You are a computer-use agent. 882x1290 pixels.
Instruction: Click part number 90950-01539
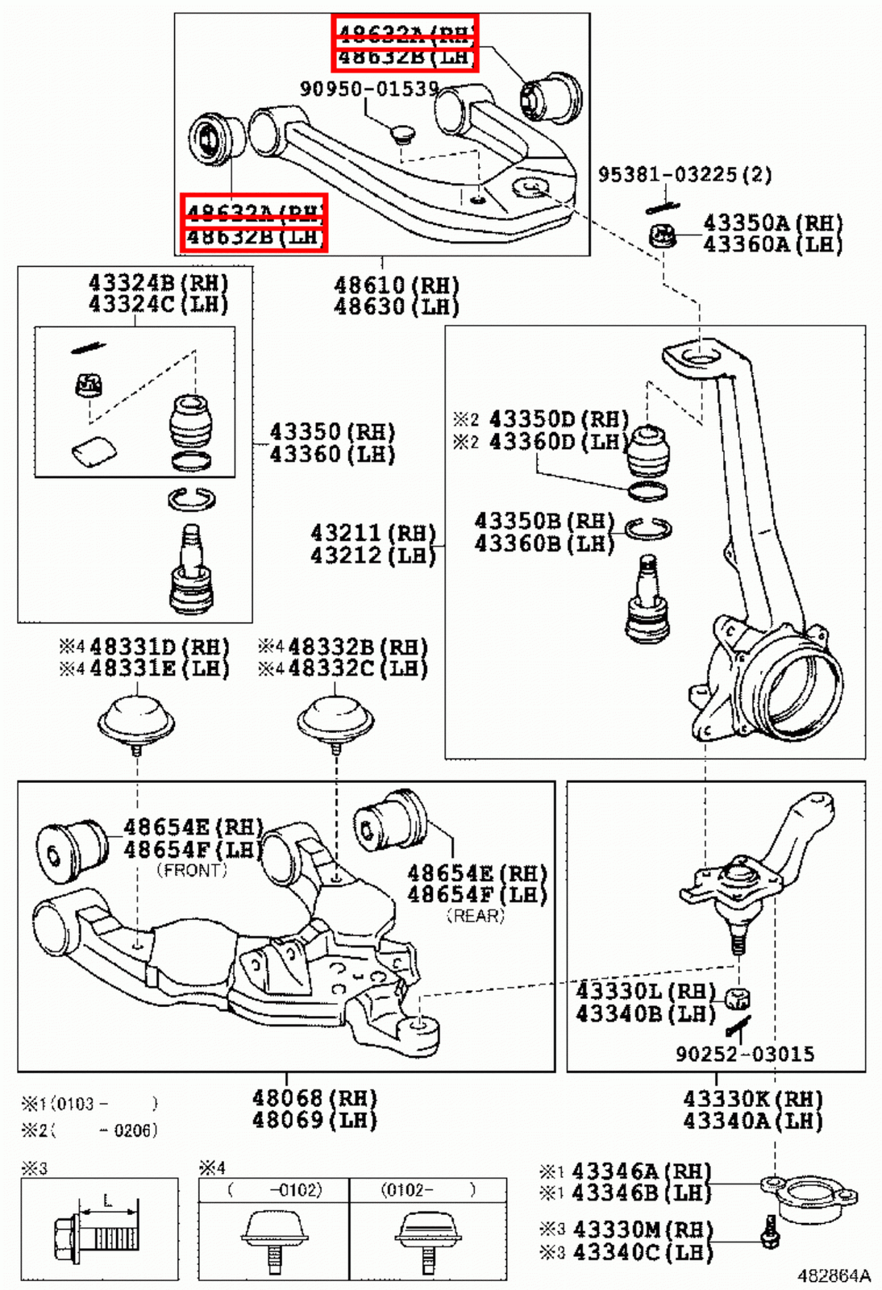pos(369,88)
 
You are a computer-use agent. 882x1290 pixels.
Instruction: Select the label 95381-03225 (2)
pos(684,174)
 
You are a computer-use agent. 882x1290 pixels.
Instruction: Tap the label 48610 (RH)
pos(396,285)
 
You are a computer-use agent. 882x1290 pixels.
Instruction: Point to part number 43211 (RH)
pos(372,533)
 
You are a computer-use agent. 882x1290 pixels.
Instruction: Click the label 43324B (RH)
pos(158,283)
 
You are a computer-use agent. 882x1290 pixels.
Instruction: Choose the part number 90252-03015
pos(745,1054)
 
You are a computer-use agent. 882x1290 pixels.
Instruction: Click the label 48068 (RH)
pos(314,1098)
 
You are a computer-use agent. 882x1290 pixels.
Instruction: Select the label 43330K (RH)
pos(752,1099)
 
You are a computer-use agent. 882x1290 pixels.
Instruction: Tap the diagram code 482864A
pos(834,1275)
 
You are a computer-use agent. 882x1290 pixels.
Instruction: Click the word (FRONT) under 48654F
pos(192,870)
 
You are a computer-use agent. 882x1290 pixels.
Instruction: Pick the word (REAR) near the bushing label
pos(475,916)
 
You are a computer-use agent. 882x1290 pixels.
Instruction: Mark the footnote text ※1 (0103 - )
pos(89,1104)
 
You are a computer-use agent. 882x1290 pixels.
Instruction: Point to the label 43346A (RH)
pos(641,1171)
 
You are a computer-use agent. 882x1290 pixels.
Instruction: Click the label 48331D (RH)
pos(158,647)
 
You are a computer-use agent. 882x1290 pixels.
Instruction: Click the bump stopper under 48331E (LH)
pos(135,718)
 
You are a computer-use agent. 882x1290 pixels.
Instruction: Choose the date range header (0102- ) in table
pos(428,1189)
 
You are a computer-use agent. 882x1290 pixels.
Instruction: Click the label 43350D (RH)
pos(558,419)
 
